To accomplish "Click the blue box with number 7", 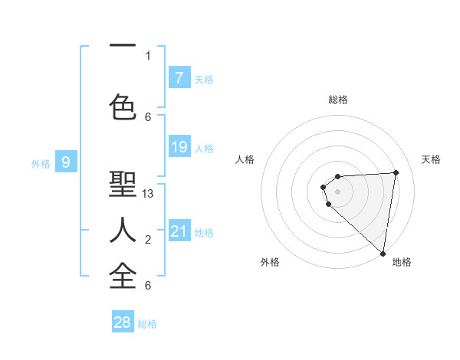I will (179, 77).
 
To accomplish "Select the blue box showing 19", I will (179, 147).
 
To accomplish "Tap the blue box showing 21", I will (179, 231).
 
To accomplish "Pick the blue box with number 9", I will (67, 162).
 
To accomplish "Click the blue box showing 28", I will (123, 322).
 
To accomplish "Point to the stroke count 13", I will (148, 195).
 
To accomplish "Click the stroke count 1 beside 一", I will (148, 55).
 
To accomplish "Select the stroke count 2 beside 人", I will (148, 241).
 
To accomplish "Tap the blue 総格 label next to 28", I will (147, 324).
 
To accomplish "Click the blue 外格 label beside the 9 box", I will (41, 163).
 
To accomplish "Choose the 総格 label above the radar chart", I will (338, 100).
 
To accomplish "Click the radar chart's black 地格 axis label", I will (402, 262).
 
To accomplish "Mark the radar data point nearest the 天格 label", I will (396, 172).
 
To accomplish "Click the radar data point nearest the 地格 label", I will (383, 254).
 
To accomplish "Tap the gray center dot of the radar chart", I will (338, 191).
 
